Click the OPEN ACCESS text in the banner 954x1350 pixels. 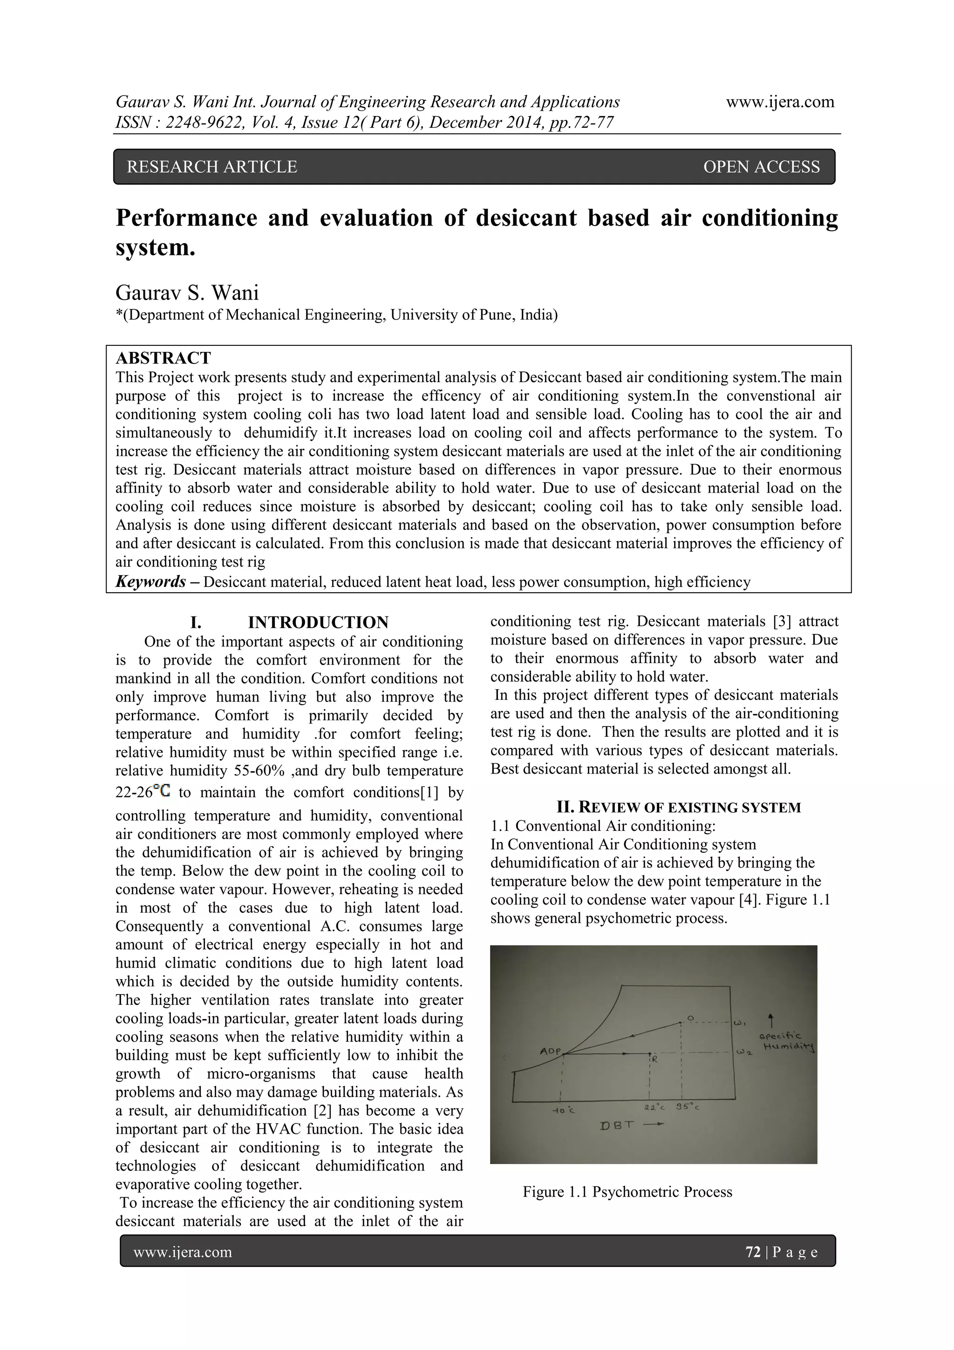[x=761, y=167]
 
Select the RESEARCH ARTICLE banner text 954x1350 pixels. [x=212, y=167]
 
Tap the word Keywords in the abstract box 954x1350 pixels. [x=151, y=582]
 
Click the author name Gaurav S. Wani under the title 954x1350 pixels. [x=187, y=292]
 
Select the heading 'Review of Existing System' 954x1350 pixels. [x=678, y=807]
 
